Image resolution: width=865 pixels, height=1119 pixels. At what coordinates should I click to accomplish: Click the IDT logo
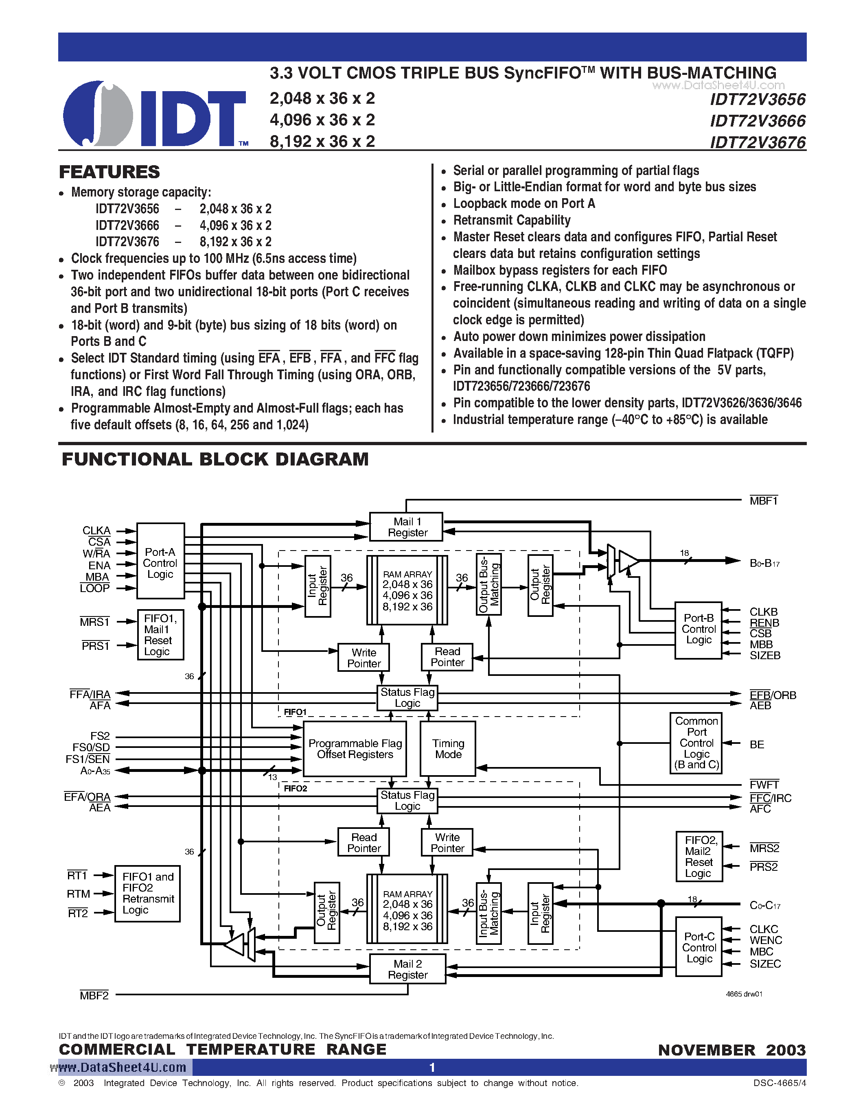click(154, 114)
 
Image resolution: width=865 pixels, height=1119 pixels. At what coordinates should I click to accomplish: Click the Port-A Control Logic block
click(160, 562)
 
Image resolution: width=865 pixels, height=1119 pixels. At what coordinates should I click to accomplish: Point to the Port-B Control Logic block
click(699, 629)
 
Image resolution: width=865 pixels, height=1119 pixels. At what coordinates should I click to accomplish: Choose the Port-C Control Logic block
click(699, 947)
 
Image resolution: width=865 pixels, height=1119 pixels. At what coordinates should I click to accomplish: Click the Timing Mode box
click(448, 749)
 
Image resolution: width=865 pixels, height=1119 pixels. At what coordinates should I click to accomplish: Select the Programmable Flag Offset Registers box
click(355, 749)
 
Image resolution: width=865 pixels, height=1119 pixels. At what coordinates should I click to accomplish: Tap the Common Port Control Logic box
click(696, 743)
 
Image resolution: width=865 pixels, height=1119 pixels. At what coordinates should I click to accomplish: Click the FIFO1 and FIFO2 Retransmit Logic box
click(148, 894)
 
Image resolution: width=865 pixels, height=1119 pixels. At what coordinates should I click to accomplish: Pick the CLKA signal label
click(96, 530)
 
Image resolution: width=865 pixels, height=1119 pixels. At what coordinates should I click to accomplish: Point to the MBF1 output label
click(764, 501)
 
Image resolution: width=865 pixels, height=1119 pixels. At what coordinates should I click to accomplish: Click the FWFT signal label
click(764, 785)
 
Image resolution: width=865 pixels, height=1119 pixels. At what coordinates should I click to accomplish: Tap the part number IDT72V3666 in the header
click(758, 121)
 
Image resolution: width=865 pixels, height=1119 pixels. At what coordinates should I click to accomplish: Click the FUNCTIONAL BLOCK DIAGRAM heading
click(215, 459)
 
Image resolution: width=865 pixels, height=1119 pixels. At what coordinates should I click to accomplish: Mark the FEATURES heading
click(109, 172)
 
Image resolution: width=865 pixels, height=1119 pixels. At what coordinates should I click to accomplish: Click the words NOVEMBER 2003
click(732, 1050)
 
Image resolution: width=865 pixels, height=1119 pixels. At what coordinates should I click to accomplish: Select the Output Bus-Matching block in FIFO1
click(488, 584)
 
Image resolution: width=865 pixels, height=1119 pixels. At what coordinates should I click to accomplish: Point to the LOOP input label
click(95, 588)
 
